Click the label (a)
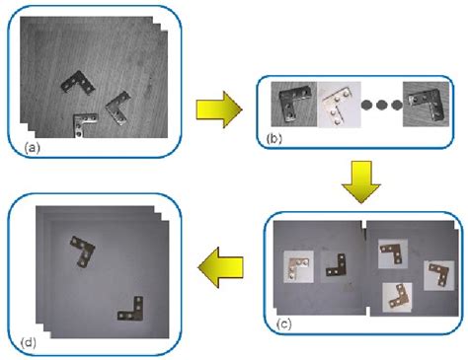(x=32, y=148)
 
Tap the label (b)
(x=274, y=139)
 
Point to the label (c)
(x=283, y=324)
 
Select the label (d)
(x=28, y=342)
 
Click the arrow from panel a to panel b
(x=219, y=109)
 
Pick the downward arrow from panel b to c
(x=361, y=181)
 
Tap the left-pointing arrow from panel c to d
(x=220, y=267)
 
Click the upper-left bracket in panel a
(x=78, y=83)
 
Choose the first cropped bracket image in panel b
(x=293, y=105)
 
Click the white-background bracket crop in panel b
(x=339, y=105)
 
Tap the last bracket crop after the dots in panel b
(x=426, y=105)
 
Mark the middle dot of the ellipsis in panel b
(x=381, y=105)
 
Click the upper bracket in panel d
(x=83, y=251)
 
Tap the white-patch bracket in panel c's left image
(x=298, y=266)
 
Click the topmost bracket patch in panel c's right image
(x=393, y=253)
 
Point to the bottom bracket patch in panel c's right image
(x=397, y=298)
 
